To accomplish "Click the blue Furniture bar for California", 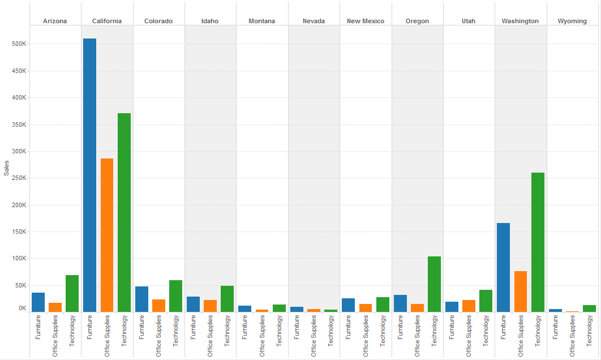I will [x=89, y=175].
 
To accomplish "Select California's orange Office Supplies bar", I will [x=107, y=235].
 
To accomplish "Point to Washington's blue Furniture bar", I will [x=503, y=267].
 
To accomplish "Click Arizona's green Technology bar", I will [x=72, y=293].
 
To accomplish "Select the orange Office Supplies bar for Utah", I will [x=469, y=306].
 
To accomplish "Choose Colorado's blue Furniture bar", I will [x=141, y=299].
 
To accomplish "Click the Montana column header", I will [x=261, y=21].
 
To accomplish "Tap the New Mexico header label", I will [x=366, y=21].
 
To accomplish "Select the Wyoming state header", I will [x=572, y=21].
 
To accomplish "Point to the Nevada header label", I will [x=314, y=21].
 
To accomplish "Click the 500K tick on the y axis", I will [x=19, y=44].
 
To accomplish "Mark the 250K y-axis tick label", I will [x=19, y=178].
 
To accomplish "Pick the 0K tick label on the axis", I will [x=22, y=308].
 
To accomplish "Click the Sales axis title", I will [x=6, y=168].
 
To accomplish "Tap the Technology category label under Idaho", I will [x=227, y=331].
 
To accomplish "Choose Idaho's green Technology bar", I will [x=227, y=299].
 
